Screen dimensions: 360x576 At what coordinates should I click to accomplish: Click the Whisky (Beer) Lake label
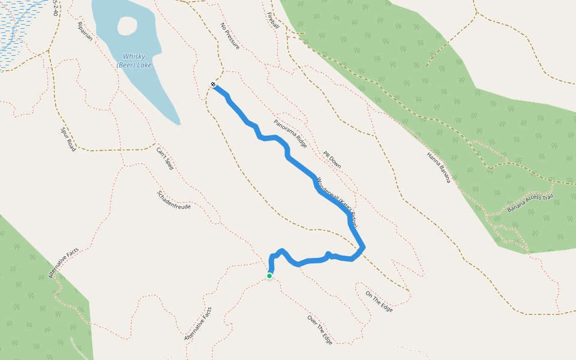click(x=134, y=61)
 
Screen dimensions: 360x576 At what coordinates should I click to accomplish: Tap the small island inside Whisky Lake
click(x=127, y=25)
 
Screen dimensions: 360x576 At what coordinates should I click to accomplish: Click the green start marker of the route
click(x=269, y=276)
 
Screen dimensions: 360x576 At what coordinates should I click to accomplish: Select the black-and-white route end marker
click(x=213, y=84)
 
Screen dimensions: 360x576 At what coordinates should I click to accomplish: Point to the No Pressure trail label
click(x=230, y=36)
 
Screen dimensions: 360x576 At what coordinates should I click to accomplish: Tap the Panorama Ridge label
click(x=290, y=134)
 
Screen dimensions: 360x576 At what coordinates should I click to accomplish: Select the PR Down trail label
click(x=332, y=160)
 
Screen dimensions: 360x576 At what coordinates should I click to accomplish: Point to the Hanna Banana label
click(x=439, y=167)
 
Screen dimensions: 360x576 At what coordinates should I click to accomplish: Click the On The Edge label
click(x=379, y=301)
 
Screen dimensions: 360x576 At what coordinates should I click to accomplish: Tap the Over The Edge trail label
click(x=319, y=329)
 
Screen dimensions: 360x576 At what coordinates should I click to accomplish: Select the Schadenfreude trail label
click(x=173, y=200)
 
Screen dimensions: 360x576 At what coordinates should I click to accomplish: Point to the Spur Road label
click(x=68, y=139)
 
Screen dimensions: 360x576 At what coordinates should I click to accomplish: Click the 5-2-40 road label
click(x=56, y=7)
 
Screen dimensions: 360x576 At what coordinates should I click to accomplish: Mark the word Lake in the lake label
click(x=143, y=65)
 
